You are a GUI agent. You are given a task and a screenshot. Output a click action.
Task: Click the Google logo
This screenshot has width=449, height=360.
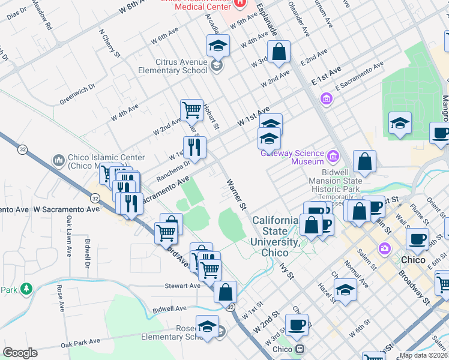point(20,353)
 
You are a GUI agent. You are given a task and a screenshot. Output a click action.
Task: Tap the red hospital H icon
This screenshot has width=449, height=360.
point(240,3)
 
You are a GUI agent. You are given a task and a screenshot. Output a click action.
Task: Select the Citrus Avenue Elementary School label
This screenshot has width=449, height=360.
point(181,66)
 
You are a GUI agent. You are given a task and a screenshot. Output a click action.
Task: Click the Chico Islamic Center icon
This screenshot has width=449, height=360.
point(59,161)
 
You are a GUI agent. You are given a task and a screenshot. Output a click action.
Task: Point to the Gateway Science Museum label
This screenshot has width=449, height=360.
point(292,157)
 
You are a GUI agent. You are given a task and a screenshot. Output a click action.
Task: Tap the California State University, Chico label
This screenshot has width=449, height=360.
point(276,236)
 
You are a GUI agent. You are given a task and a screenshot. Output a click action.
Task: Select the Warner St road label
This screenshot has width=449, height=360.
point(236,193)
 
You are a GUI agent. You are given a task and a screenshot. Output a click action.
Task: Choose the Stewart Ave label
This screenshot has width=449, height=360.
point(182,286)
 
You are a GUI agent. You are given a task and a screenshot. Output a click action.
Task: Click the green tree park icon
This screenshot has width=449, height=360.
point(26,290)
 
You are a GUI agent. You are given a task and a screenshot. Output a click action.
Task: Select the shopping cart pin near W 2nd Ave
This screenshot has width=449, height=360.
point(191,110)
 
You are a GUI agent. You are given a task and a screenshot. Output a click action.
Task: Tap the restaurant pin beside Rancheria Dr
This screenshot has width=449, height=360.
point(194,147)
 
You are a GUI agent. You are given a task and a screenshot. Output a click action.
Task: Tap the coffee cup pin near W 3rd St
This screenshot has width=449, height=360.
point(297,325)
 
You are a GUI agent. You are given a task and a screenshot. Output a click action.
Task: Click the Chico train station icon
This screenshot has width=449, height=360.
point(298,349)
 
